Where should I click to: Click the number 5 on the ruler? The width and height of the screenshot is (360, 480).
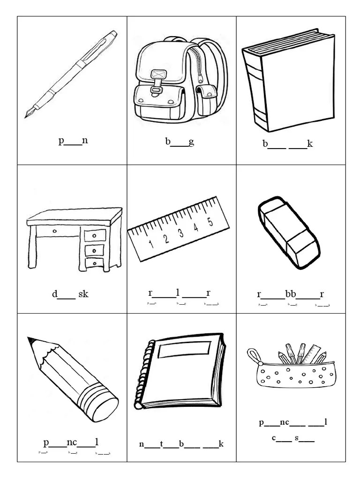click(210, 222)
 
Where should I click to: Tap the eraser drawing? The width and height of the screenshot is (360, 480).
click(288, 232)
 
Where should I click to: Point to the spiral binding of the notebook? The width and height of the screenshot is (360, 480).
click(143, 375)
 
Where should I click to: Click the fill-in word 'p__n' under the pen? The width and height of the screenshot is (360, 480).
click(73, 141)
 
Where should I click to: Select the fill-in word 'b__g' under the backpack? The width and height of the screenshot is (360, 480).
click(180, 142)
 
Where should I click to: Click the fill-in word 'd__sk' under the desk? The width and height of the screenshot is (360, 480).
click(70, 294)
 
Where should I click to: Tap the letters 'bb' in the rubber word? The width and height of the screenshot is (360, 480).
click(291, 294)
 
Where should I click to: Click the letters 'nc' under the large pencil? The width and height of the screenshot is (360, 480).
click(72, 442)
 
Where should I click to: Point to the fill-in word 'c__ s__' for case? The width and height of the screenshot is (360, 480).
click(293, 439)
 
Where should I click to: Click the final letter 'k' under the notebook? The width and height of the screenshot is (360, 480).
click(221, 444)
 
